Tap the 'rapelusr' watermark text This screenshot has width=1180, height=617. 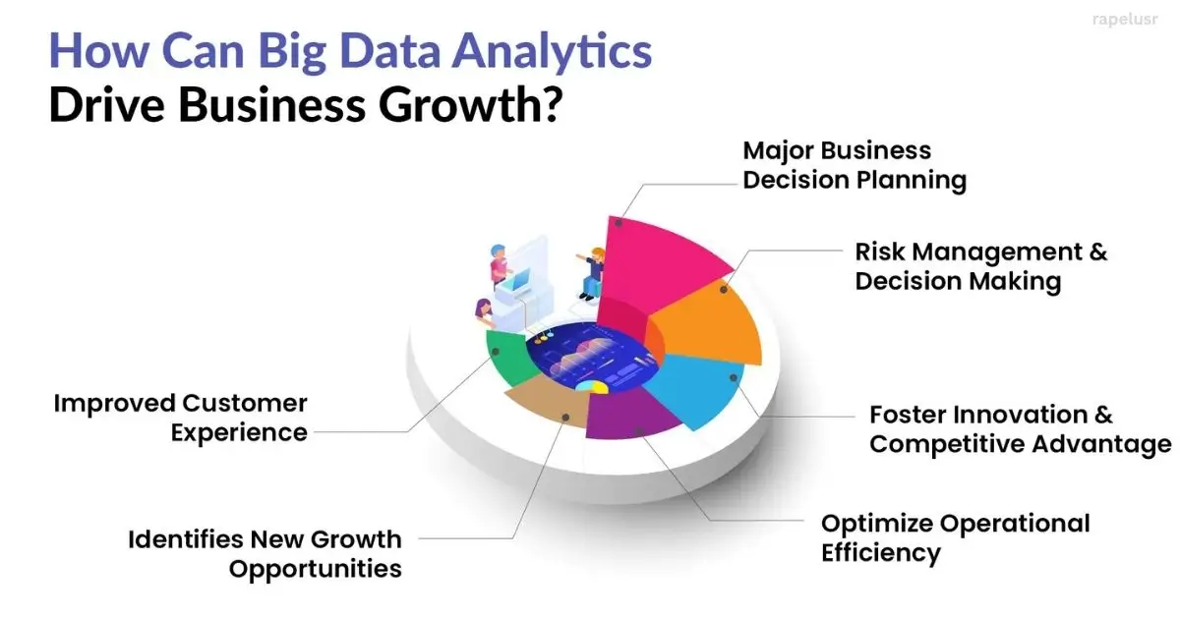click(x=1125, y=20)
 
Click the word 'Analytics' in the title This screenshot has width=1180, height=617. click(x=552, y=52)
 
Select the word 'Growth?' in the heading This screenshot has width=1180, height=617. click(x=470, y=105)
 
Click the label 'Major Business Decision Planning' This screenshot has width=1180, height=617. click(x=855, y=165)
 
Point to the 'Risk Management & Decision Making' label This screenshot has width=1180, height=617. click(x=981, y=266)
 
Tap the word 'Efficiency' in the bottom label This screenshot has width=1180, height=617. click(x=881, y=553)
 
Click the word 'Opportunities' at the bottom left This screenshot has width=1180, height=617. click(x=315, y=570)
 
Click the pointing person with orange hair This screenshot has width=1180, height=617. click(x=592, y=274)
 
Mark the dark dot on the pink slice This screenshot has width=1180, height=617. click(x=619, y=223)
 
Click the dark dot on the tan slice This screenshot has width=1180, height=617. click(x=565, y=418)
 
